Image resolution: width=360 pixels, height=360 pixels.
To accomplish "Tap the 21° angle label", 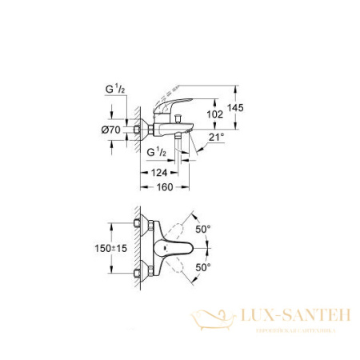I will [217, 138].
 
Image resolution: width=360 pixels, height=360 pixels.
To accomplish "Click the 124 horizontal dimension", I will [159, 172].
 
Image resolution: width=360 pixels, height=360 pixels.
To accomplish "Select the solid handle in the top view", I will [171, 248].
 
